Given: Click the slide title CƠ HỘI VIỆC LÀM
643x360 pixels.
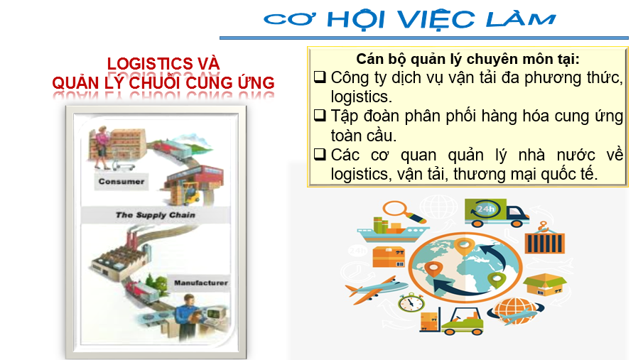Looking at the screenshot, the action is (x=410, y=19).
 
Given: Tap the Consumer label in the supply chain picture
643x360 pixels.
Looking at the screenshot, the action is (x=121, y=182).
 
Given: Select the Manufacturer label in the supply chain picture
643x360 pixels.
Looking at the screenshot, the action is (x=201, y=283).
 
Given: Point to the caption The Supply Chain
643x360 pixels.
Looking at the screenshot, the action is (x=156, y=215).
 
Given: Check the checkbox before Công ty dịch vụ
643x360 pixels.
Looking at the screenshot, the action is (x=320, y=77).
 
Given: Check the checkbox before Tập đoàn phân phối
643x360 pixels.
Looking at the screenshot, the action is (x=320, y=115).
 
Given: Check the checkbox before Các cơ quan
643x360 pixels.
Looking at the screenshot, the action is (x=320, y=154).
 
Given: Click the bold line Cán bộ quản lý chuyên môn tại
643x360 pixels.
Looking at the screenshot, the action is (x=468, y=60).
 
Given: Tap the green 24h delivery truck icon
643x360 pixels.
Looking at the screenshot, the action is (x=496, y=213).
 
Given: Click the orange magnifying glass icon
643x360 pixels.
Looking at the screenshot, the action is (x=404, y=212).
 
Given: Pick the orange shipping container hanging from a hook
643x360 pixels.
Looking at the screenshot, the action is (x=544, y=239).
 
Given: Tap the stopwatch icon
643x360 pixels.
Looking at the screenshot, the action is (x=411, y=302).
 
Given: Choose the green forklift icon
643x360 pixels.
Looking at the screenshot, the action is (x=462, y=322).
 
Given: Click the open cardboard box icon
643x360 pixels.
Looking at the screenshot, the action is (x=544, y=284).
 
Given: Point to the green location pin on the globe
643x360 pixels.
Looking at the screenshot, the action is (x=496, y=280).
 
